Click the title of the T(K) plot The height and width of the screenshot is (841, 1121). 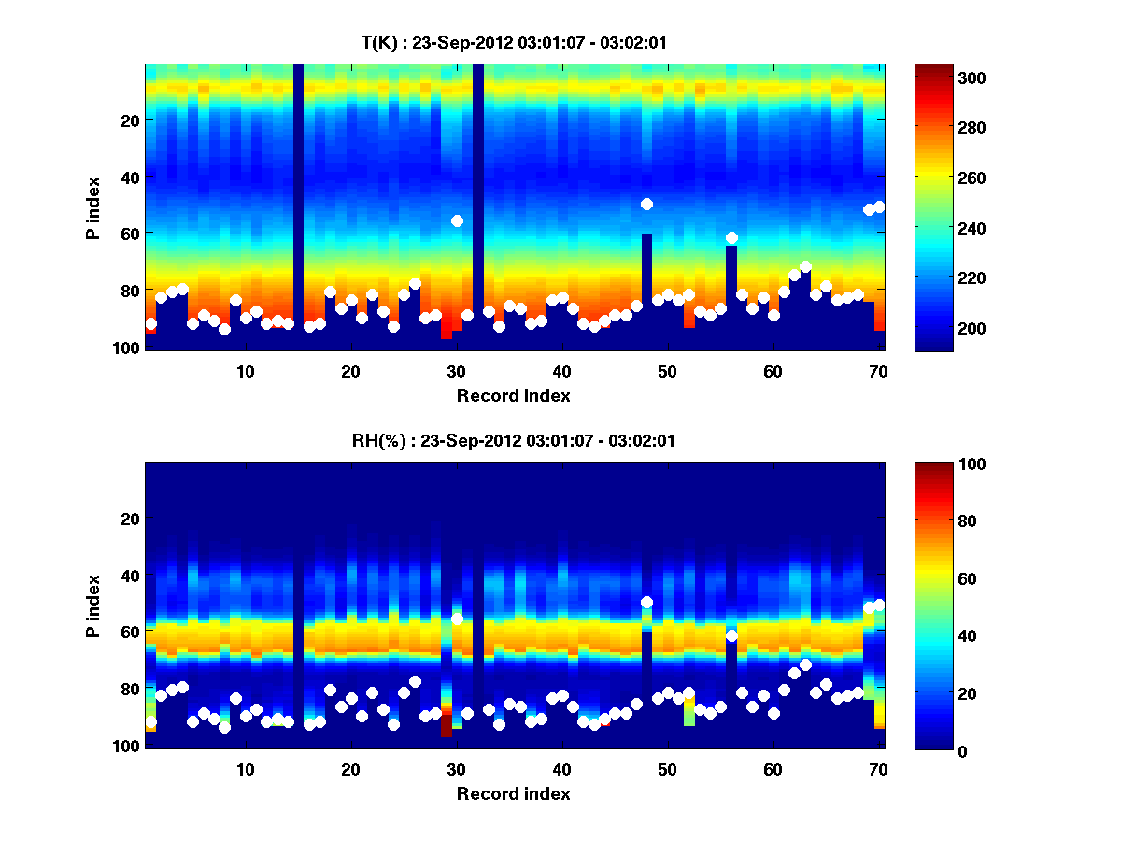pyautogui.click(x=514, y=43)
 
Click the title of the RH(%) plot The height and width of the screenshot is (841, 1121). pyautogui.click(x=514, y=441)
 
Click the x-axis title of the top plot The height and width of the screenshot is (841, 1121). pyautogui.click(x=514, y=395)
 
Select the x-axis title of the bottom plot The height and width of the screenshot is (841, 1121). pyautogui.click(x=514, y=793)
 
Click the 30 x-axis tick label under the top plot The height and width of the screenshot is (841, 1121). pyautogui.click(x=456, y=371)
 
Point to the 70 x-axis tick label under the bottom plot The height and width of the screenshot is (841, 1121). pyautogui.click(x=877, y=769)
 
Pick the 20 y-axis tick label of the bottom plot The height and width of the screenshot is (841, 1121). pyautogui.click(x=130, y=519)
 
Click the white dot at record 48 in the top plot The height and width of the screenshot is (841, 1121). pyautogui.click(x=646, y=204)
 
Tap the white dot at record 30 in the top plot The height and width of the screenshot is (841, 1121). pyautogui.click(x=457, y=221)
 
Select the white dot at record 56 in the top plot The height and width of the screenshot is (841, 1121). pyautogui.click(x=731, y=237)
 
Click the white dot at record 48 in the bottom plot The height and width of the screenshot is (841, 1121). pyautogui.click(x=646, y=602)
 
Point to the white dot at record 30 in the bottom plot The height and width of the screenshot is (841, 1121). pyautogui.click(x=457, y=619)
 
